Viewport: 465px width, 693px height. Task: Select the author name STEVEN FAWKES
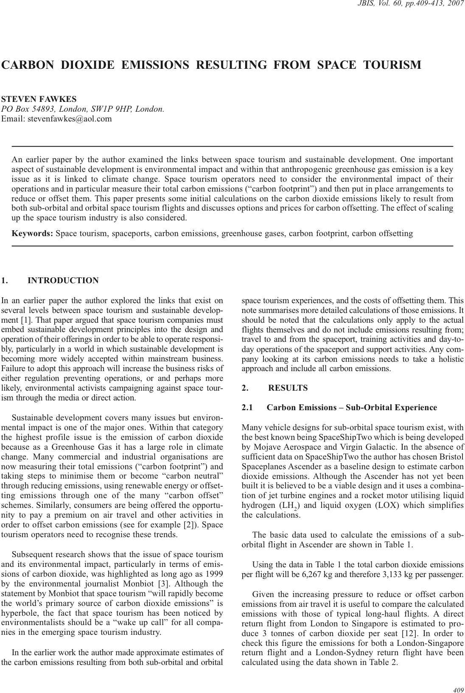[x=39, y=99]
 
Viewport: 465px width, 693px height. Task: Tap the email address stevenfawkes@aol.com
[x=70, y=119]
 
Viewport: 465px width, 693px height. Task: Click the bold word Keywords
[x=32, y=234]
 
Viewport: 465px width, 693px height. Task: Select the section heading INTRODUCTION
[x=63, y=281]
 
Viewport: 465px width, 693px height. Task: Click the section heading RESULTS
[x=288, y=388]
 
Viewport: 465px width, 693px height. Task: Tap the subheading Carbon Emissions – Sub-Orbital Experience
[x=352, y=408]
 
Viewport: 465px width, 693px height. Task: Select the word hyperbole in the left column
[x=20, y=613]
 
